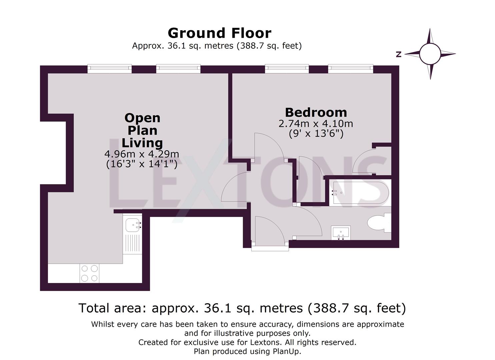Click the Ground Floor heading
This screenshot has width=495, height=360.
point(219,33)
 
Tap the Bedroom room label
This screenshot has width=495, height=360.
point(316,112)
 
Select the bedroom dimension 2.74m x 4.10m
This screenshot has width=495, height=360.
point(316,124)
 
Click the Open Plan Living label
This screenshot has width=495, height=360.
point(142,130)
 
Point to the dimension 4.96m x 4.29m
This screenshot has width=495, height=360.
point(142,154)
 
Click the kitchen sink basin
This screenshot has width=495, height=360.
point(132,225)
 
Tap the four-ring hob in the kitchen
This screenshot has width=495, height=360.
point(90,273)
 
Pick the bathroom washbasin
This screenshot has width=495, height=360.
point(341,232)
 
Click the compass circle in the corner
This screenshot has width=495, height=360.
point(430,54)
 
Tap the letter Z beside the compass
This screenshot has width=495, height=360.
point(398,54)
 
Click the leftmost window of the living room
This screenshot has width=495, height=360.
point(109,69)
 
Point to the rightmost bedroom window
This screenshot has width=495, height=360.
point(350,69)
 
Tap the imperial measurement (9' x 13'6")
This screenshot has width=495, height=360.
point(316,134)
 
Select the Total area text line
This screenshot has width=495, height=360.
point(242,308)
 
